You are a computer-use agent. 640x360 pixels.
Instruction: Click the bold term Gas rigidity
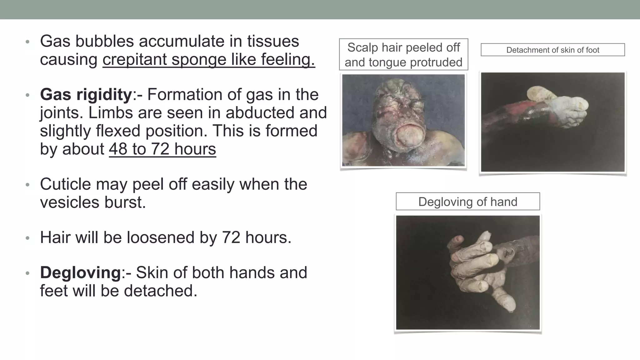(x=86, y=94)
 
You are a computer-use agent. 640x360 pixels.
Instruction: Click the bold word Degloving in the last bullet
(x=80, y=272)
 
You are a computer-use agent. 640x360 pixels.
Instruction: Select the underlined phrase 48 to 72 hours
(x=162, y=149)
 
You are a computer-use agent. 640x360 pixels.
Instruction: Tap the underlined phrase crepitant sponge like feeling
(x=208, y=59)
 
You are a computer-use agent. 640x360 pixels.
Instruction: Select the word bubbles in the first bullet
(x=105, y=41)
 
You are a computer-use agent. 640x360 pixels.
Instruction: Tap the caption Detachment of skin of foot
(x=552, y=50)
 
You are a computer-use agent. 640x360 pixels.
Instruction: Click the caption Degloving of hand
(x=467, y=202)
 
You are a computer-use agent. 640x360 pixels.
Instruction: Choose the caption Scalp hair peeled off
(x=403, y=47)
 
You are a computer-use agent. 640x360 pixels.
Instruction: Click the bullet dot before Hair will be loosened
(x=27, y=238)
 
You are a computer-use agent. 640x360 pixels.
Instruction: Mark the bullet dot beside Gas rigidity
(x=27, y=95)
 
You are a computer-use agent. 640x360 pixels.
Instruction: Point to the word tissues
(x=273, y=41)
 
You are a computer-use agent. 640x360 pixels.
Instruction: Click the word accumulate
(x=182, y=41)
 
